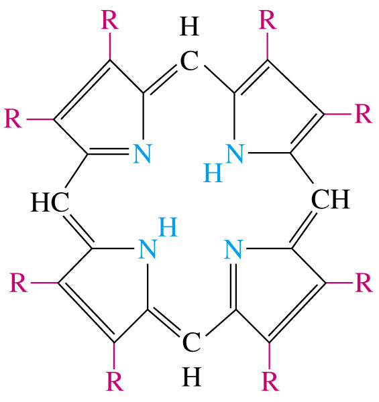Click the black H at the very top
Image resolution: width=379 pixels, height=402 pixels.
point(189,26)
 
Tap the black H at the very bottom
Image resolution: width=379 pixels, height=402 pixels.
point(191,377)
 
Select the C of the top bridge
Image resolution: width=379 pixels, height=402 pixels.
point(189,61)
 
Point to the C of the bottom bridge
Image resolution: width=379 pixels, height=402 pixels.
point(191,342)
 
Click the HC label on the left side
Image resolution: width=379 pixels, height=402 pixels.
point(50,202)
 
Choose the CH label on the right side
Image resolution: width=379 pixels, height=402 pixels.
point(331,199)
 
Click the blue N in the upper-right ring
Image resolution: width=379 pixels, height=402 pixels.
point(235,153)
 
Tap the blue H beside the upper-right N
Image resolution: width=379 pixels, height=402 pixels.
point(213,173)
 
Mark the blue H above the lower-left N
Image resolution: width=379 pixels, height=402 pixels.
point(168,226)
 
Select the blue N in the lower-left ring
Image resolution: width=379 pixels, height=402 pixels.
point(147,249)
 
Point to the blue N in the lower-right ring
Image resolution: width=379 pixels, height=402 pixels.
point(233,249)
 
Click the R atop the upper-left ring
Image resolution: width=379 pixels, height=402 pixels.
point(110,19)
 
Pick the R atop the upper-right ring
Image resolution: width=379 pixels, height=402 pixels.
point(268,19)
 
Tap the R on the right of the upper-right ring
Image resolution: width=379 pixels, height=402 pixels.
point(364,114)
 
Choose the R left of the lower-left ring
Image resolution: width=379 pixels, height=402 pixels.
point(19,283)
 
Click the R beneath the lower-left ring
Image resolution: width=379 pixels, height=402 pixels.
point(115,381)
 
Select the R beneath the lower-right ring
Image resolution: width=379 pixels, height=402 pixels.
point(270,381)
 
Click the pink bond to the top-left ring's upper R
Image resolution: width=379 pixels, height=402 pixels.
point(110,46)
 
